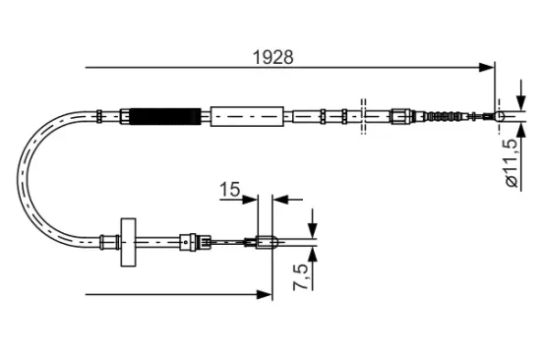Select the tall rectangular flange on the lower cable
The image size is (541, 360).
(x=127, y=240)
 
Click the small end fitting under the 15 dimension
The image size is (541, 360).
(x=263, y=240)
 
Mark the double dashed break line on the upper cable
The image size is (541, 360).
(x=363, y=116)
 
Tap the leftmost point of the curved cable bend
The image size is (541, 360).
(x=22, y=178)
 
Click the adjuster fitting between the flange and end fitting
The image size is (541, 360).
(x=193, y=240)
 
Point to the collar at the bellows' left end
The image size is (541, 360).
(x=125, y=116)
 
